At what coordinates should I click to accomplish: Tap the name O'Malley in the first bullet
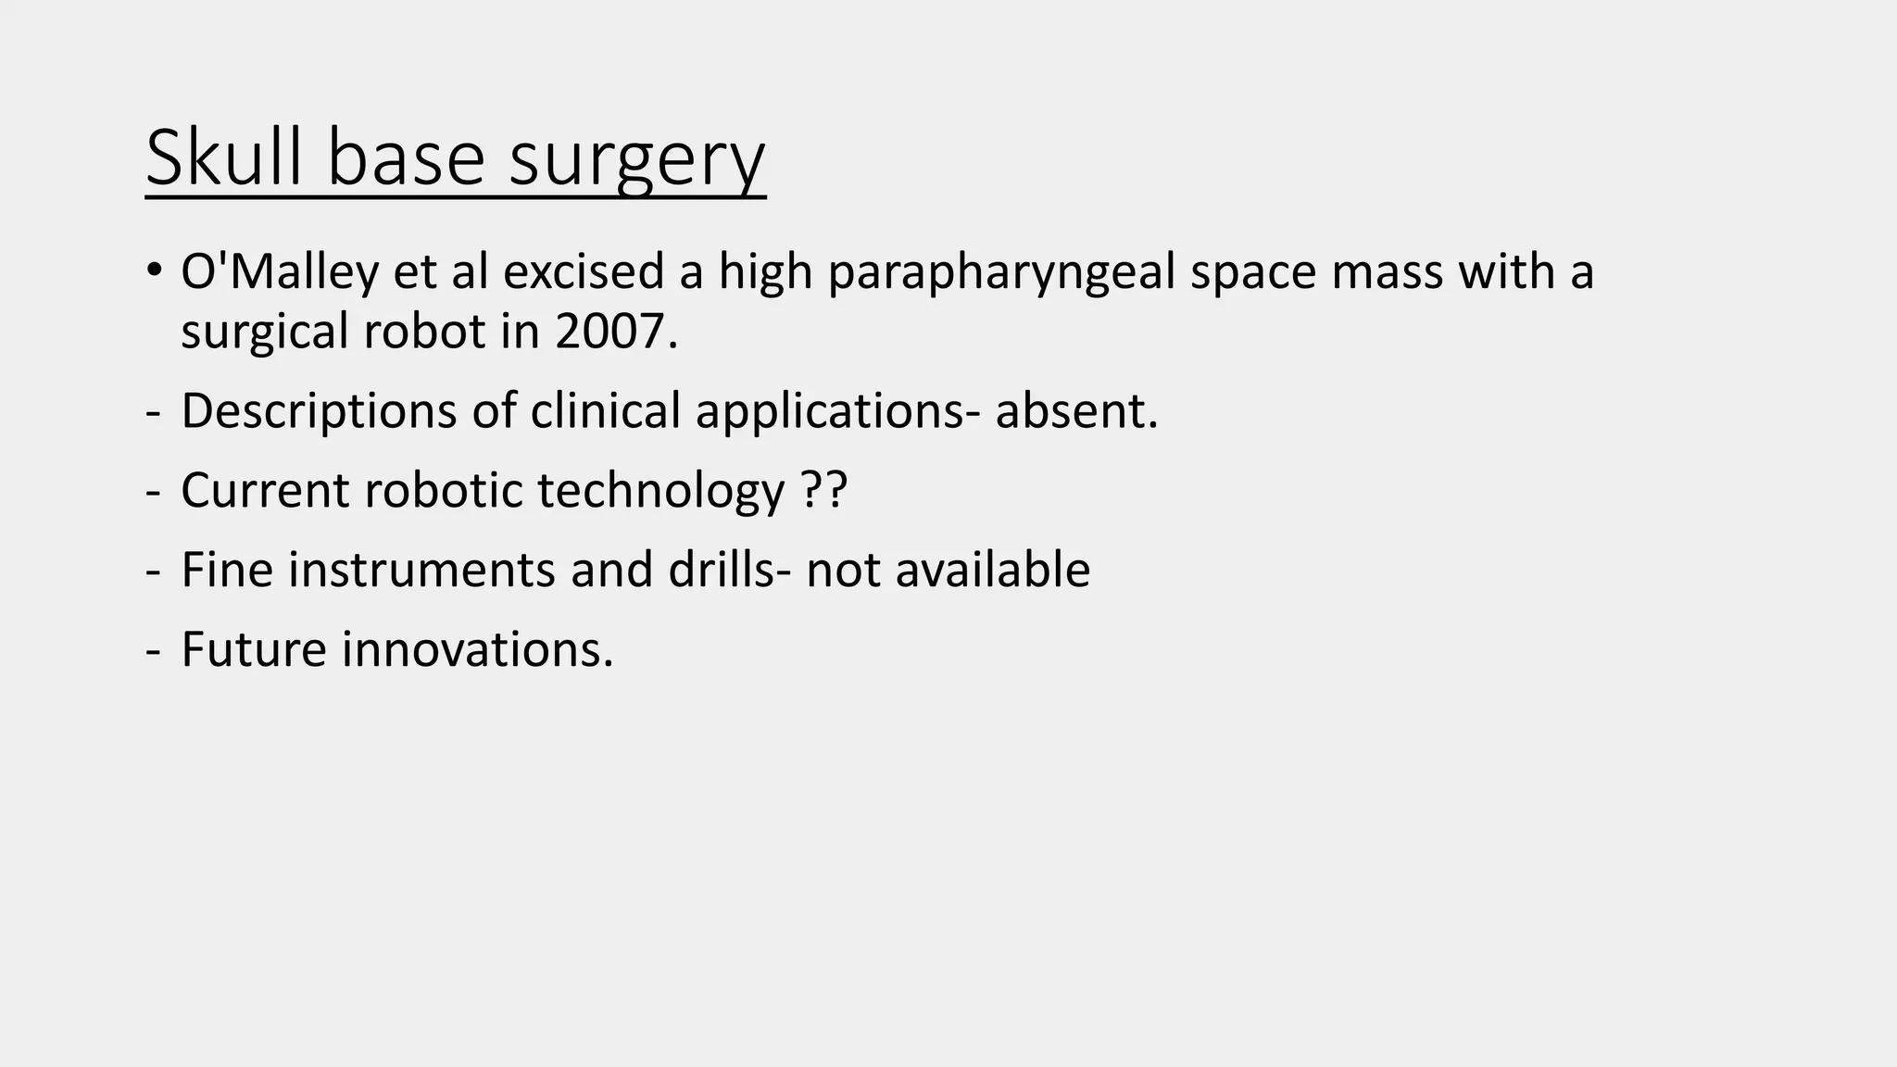tap(280, 272)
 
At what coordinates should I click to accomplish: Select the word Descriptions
tap(319, 411)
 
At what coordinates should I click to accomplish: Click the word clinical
tap(605, 411)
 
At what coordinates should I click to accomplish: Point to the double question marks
tap(823, 490)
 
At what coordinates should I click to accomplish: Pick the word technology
tap(660, 491)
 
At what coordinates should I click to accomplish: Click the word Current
tap(265, 490)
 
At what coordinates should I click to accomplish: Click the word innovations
tap(477, 649)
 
